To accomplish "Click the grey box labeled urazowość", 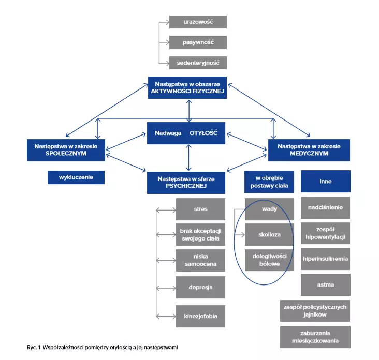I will [198, 22].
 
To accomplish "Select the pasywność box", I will [198, 42].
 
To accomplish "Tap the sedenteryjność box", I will [198, 63].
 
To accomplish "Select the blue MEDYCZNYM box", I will [309, 150].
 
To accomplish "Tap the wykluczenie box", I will [76, 177].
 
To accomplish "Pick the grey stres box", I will [200, 209].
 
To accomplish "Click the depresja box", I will [200, 287].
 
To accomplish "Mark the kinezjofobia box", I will [200, 315].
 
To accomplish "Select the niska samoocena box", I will [200, 261].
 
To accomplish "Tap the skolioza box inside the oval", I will [269, 234].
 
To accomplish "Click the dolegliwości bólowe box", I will [269, 260].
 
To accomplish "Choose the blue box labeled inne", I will [326, 182].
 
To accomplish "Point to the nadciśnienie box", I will [326, 207].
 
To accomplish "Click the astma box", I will [326, 284].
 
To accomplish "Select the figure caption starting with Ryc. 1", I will [102, 347].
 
